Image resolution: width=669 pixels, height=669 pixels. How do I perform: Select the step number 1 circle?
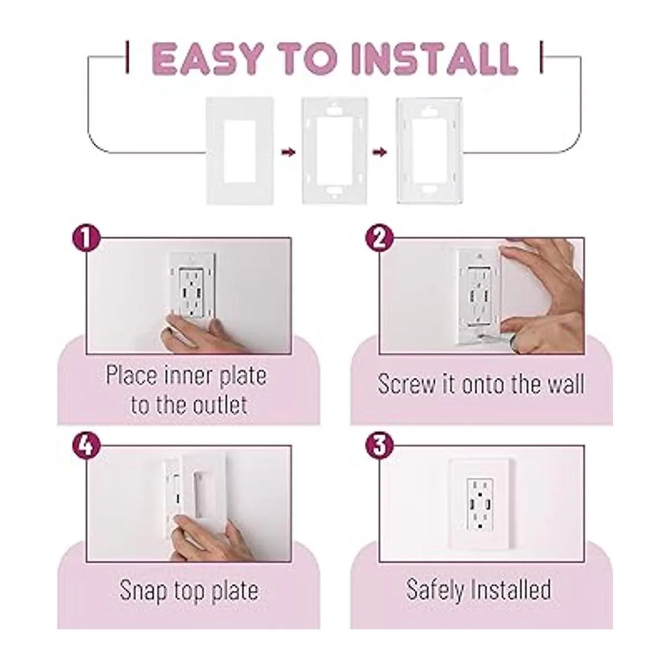86,240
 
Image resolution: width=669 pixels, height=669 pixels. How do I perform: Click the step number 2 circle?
379,240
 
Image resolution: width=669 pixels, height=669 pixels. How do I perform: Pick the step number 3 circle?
379,446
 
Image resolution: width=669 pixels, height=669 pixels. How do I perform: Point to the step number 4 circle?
86,446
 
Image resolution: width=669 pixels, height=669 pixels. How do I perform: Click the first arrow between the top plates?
288,152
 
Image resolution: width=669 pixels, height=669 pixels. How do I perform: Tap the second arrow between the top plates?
380,152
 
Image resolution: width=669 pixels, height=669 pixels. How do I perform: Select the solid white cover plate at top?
240,151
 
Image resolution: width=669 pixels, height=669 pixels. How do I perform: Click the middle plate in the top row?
334,151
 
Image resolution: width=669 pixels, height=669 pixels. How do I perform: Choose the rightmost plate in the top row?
430,151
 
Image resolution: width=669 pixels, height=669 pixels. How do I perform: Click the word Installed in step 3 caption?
510,589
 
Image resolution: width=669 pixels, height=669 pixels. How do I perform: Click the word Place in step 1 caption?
130,375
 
